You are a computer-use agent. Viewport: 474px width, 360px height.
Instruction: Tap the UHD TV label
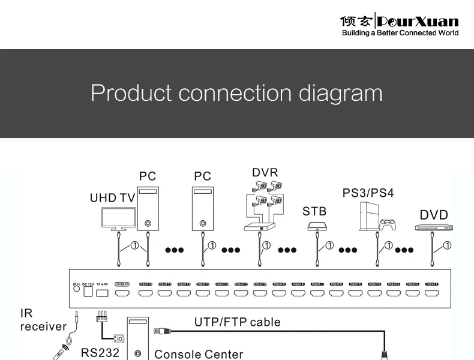[x=112, y=198]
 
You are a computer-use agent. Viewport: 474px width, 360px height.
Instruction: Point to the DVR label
[x=265, y=173]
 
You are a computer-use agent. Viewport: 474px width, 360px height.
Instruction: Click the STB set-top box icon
[x=316, y=227]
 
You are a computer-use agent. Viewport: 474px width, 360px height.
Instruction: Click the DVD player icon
[x=433, y=227]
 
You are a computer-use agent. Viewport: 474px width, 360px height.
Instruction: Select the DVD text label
[x=433, y=214]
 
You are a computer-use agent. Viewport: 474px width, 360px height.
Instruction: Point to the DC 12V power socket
[x=88, y=292]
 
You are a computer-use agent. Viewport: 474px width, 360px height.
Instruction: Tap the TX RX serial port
[x=102, y=293]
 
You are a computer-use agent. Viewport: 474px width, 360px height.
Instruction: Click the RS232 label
[x=100, y=353]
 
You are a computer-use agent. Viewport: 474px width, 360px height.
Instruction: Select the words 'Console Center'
[x=199, y=354]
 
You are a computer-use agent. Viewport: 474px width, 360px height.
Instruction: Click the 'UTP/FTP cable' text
[x=237, y=322]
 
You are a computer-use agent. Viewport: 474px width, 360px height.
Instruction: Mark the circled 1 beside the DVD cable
[x=446, y=245]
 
